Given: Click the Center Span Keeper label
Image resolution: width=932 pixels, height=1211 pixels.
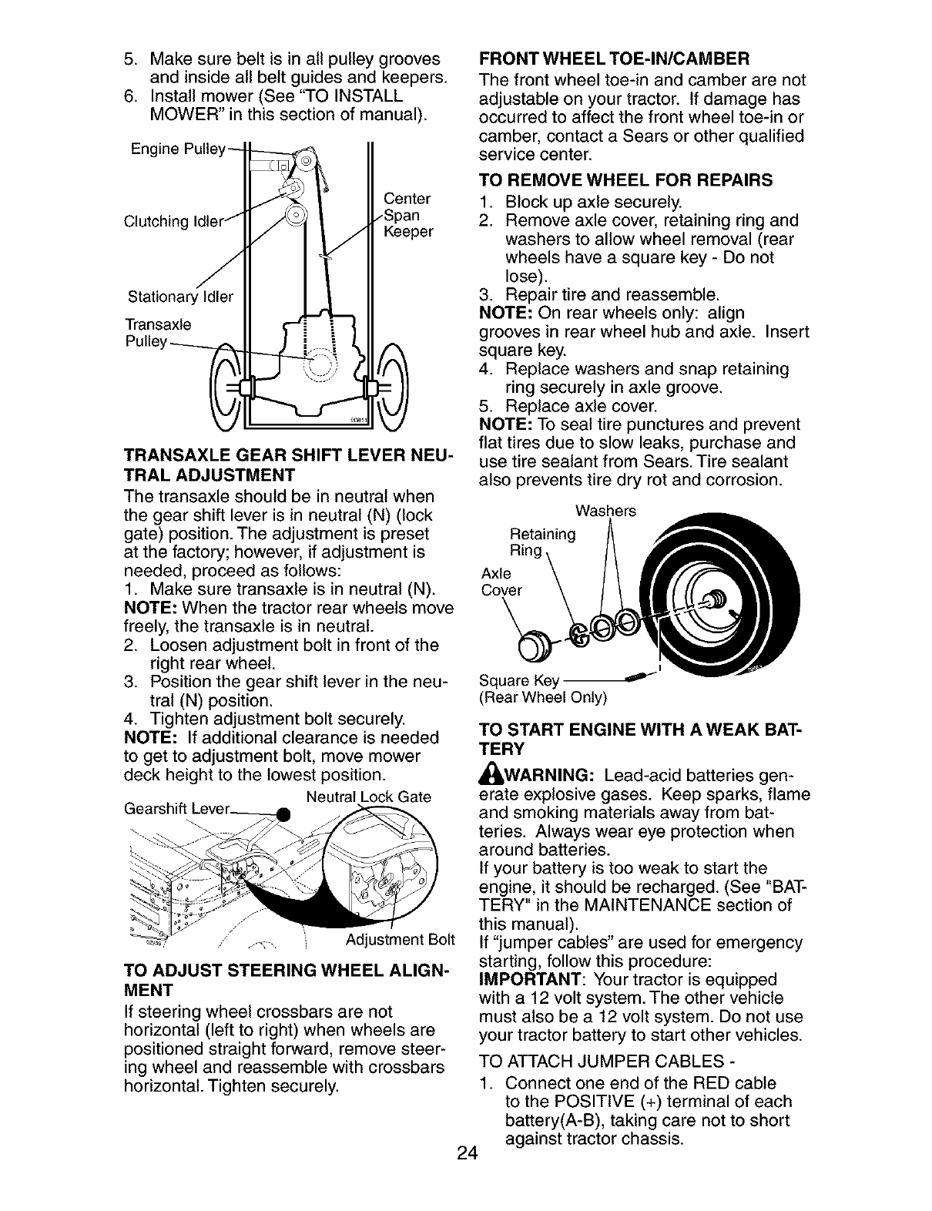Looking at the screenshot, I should point(407,216).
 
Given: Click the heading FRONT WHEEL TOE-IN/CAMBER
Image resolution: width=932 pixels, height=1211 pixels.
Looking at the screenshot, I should point(614,59).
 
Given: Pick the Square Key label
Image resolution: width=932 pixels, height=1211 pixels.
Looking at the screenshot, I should point(518,681).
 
